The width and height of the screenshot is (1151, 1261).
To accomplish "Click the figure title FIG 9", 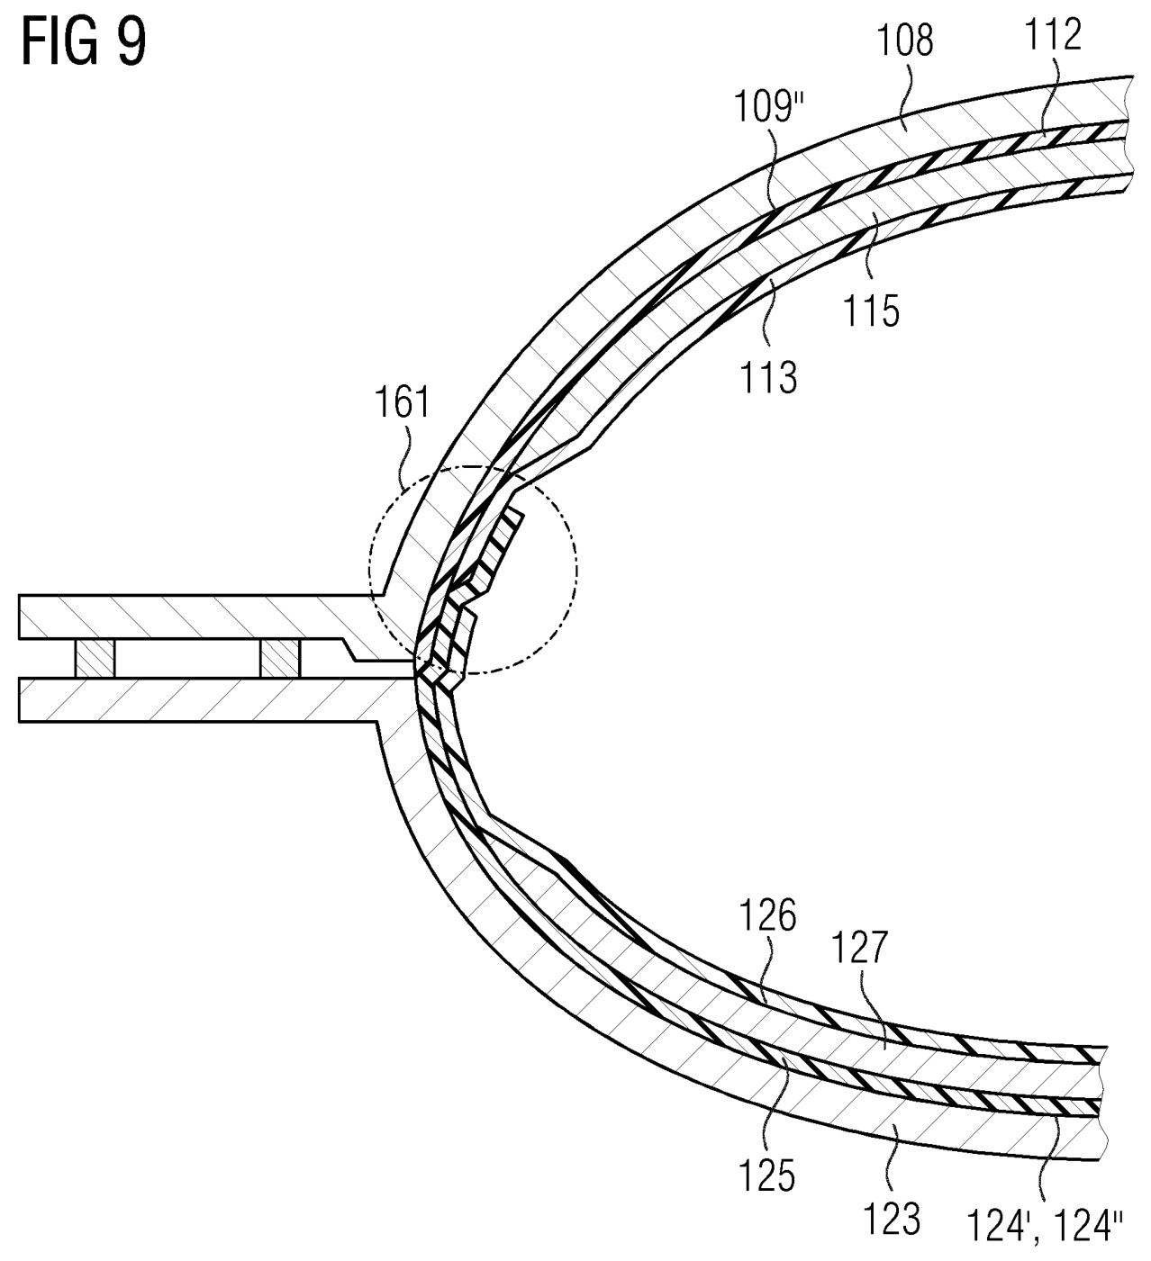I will pyautogui.click(x=83, y=43).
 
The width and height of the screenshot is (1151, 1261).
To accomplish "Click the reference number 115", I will pyautogui.click(x=872, y=311).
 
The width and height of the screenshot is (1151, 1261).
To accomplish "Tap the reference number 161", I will pyautogui.click(x=403, y=402).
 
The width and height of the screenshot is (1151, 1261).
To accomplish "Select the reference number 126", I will pyautogui.click(x=768, y=918).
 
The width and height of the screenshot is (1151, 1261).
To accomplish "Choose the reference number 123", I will pyautogui.click(x=893, y=1219).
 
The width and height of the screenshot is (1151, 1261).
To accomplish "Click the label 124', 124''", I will pyautogui.click(x=1046, y=1226).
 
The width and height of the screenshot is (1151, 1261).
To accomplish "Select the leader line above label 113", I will pyautogui.click(x=768, y=315).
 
